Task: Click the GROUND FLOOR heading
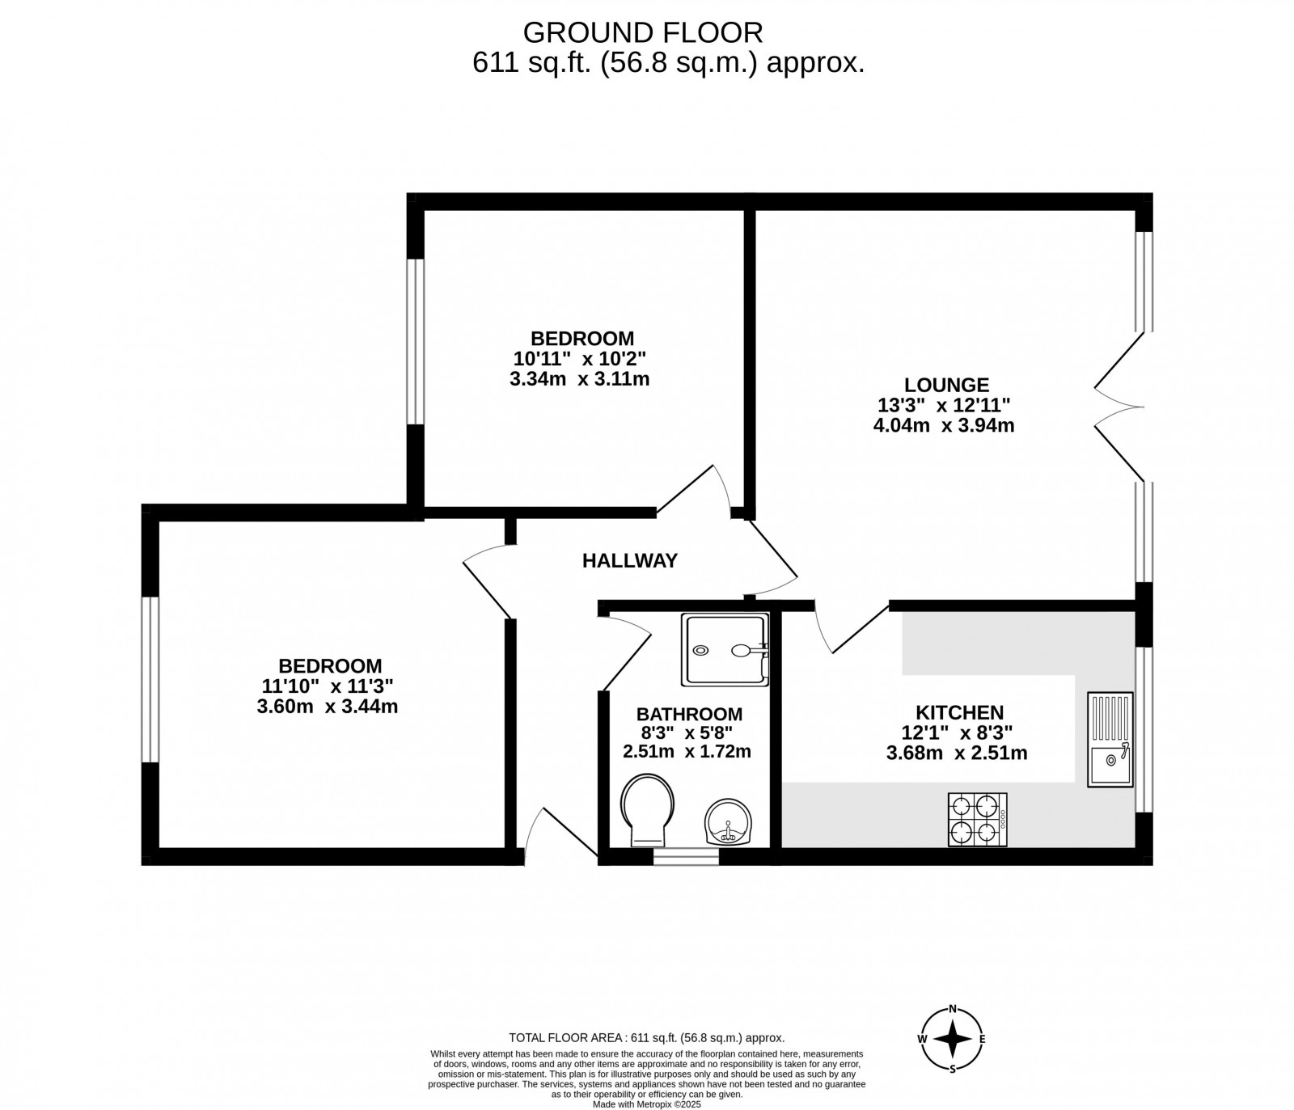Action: [643, 32]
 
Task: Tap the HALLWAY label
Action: [630, 560]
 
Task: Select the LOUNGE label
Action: [946, 385]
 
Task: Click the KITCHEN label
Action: [959, 712]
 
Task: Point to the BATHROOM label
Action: [689, 714]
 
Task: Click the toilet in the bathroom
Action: [648, 808]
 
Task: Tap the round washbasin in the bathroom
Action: [729, 821]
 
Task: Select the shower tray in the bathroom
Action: [725, 649]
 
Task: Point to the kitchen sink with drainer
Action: [1110, 739]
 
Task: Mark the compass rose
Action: [954, 1039]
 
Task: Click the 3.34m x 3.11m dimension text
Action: [580, 378]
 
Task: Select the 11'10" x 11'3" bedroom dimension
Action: [328, 686]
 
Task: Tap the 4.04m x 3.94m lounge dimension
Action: [944, 425]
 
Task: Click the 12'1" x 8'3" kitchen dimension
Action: [958, 733]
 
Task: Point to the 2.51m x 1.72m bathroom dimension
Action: [687, 751]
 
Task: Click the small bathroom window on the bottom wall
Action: [685, 856]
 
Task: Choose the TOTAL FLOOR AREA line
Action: [646, 1038]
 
